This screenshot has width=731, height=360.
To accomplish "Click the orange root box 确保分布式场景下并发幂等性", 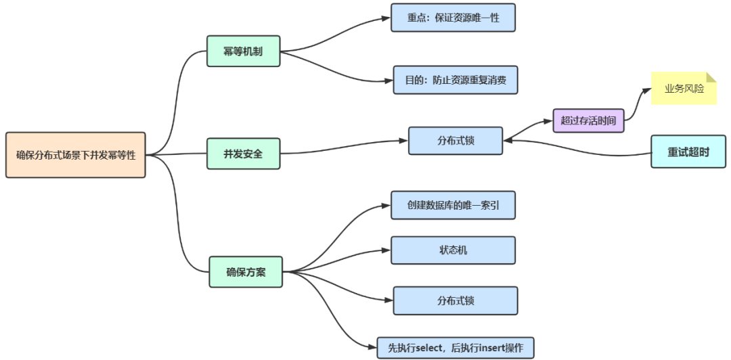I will (75, 155).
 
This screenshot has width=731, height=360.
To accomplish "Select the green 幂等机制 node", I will (243, 51).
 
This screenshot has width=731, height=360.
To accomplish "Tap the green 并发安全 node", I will (243, 154).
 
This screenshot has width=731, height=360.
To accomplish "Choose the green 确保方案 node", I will (246, 272).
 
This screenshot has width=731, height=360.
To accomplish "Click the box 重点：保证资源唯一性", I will (453, 18).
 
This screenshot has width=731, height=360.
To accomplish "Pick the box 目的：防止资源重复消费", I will (455, 80).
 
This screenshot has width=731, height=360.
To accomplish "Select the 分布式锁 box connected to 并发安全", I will (456, 141).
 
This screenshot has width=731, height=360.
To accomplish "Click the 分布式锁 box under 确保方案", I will (455, 300).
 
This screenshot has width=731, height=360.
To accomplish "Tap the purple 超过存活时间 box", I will (588, 120).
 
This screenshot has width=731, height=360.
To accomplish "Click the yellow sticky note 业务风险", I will (682, 89).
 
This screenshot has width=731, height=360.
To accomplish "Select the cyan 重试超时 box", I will (688, 152).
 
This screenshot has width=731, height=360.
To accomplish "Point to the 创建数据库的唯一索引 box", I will (453, 205).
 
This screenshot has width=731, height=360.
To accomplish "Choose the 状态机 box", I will (453, 250).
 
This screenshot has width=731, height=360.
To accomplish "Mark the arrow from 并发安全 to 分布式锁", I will (345, 146).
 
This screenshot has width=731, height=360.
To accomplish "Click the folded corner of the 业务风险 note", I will (711, 76).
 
